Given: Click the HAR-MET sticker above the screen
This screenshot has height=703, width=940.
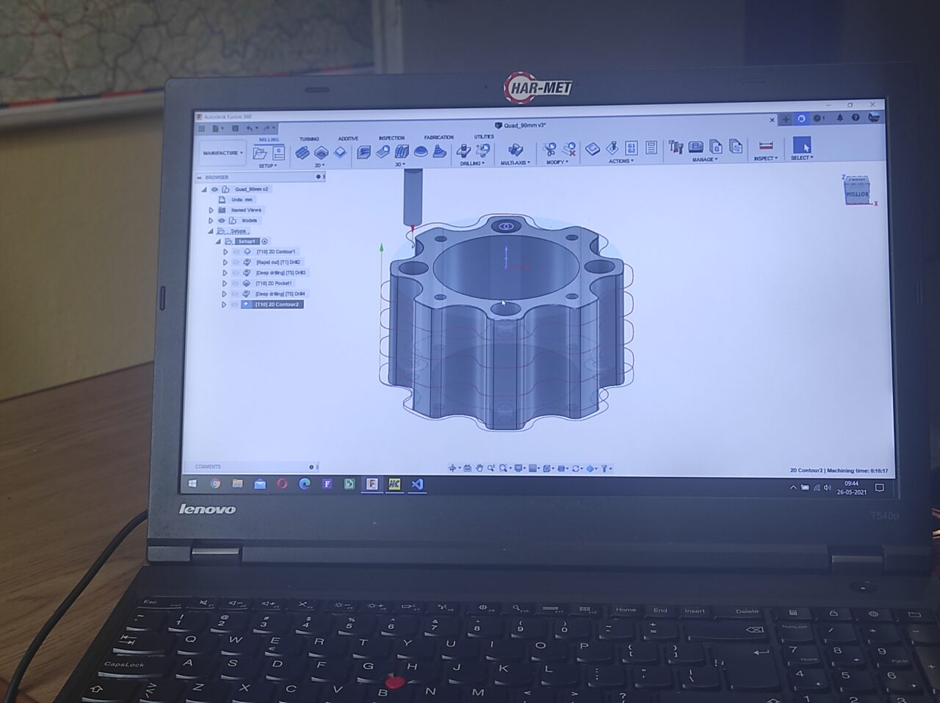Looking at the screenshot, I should coord(538,88).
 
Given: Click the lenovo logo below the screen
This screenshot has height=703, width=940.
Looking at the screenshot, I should coord(207,509).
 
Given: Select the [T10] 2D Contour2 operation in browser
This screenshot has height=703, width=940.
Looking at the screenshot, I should coord(276,304).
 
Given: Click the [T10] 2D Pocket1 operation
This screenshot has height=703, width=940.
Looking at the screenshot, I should coord(273,283).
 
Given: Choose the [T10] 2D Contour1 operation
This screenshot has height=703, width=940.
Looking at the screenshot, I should coord(275,252).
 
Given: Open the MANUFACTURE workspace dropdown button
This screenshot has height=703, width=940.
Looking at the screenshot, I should coord(223,153).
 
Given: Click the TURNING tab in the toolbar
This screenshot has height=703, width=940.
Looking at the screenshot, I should coord(308,139).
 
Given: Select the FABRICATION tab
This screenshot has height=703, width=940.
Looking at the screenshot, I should coord(438,137).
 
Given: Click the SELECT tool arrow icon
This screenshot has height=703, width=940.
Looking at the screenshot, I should coord(802,146).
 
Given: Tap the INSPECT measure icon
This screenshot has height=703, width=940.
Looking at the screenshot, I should coord(765,146).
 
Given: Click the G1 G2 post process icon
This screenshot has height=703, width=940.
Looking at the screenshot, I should coord(631,148).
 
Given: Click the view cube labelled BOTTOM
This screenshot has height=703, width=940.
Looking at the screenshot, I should coord(856,192).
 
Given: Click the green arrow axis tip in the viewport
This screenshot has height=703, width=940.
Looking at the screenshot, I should coord(381,247).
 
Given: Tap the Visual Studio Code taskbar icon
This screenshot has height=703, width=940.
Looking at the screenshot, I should coord(417,484).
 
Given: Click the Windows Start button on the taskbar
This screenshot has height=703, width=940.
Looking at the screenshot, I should coord(193,484).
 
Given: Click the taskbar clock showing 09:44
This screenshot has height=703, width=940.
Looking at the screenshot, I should coord(851,487).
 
